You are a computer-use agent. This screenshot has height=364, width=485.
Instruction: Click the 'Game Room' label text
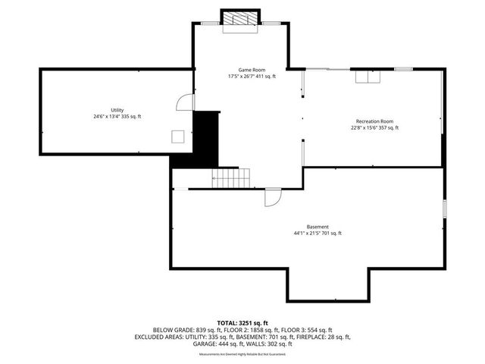[x=242, y=70]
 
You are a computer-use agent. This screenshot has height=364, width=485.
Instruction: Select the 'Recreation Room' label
[x=374, y=121]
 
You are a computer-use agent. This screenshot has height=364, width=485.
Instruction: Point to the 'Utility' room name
[x=117, y=110]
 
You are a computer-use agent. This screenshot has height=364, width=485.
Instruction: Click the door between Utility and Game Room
[x=183, y=104]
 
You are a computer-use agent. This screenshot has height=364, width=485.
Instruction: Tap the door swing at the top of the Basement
[x=271, y=197]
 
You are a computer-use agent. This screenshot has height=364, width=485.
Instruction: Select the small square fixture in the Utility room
[x=177, y=136]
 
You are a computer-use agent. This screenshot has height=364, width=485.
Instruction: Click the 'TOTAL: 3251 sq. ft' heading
[x=242, y=323]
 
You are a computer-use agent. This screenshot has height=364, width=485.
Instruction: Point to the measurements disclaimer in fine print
[x=242, y=354]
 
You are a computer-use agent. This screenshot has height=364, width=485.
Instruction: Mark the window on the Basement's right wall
[x=444, y=209]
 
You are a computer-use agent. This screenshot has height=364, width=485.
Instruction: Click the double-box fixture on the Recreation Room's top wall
[x=367, y=77]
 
